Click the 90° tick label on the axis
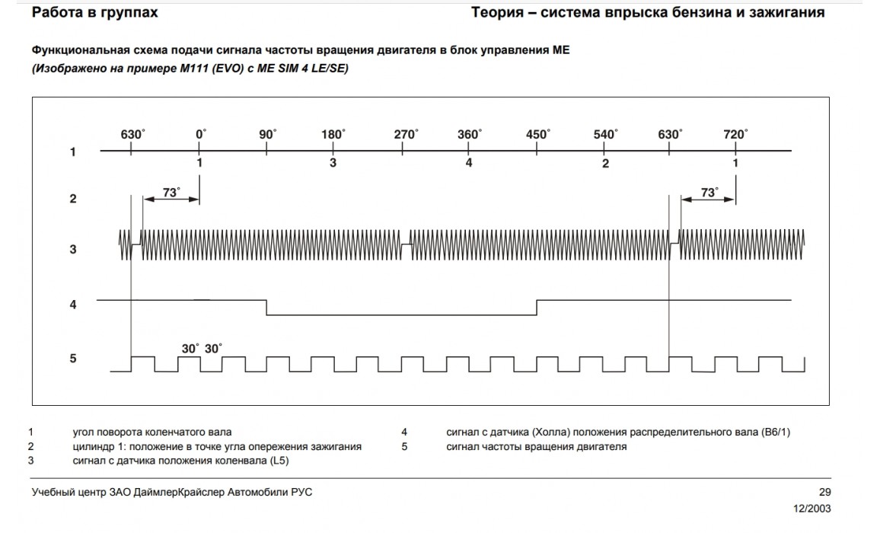pyautogui.click(x=268, y=135)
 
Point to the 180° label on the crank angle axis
pyautogui.click(x=333, y=135)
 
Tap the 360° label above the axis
pyautogui.click(x=469, y=135)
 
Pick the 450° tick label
pyautogui.click(x=537, y=135)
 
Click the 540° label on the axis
pyautogui.click(x=605, y=135)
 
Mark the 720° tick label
pyautogui.click(x=735, y=135)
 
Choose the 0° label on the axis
pyautogui.click(x=200, y=135)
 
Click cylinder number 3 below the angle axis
pyautogui.click(x=333, y=164)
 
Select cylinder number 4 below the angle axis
pyautogui.click(x=469, y=164)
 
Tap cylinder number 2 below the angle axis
pyautogui.click(x=605, y=164)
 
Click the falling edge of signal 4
pyautogui.click(x=266, y=308)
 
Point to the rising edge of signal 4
pyautogui.click(x=537, y=308)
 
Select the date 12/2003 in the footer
pyautogui.click(x=812, y=509)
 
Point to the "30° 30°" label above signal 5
pyautogui.click(x=202, y=348)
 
